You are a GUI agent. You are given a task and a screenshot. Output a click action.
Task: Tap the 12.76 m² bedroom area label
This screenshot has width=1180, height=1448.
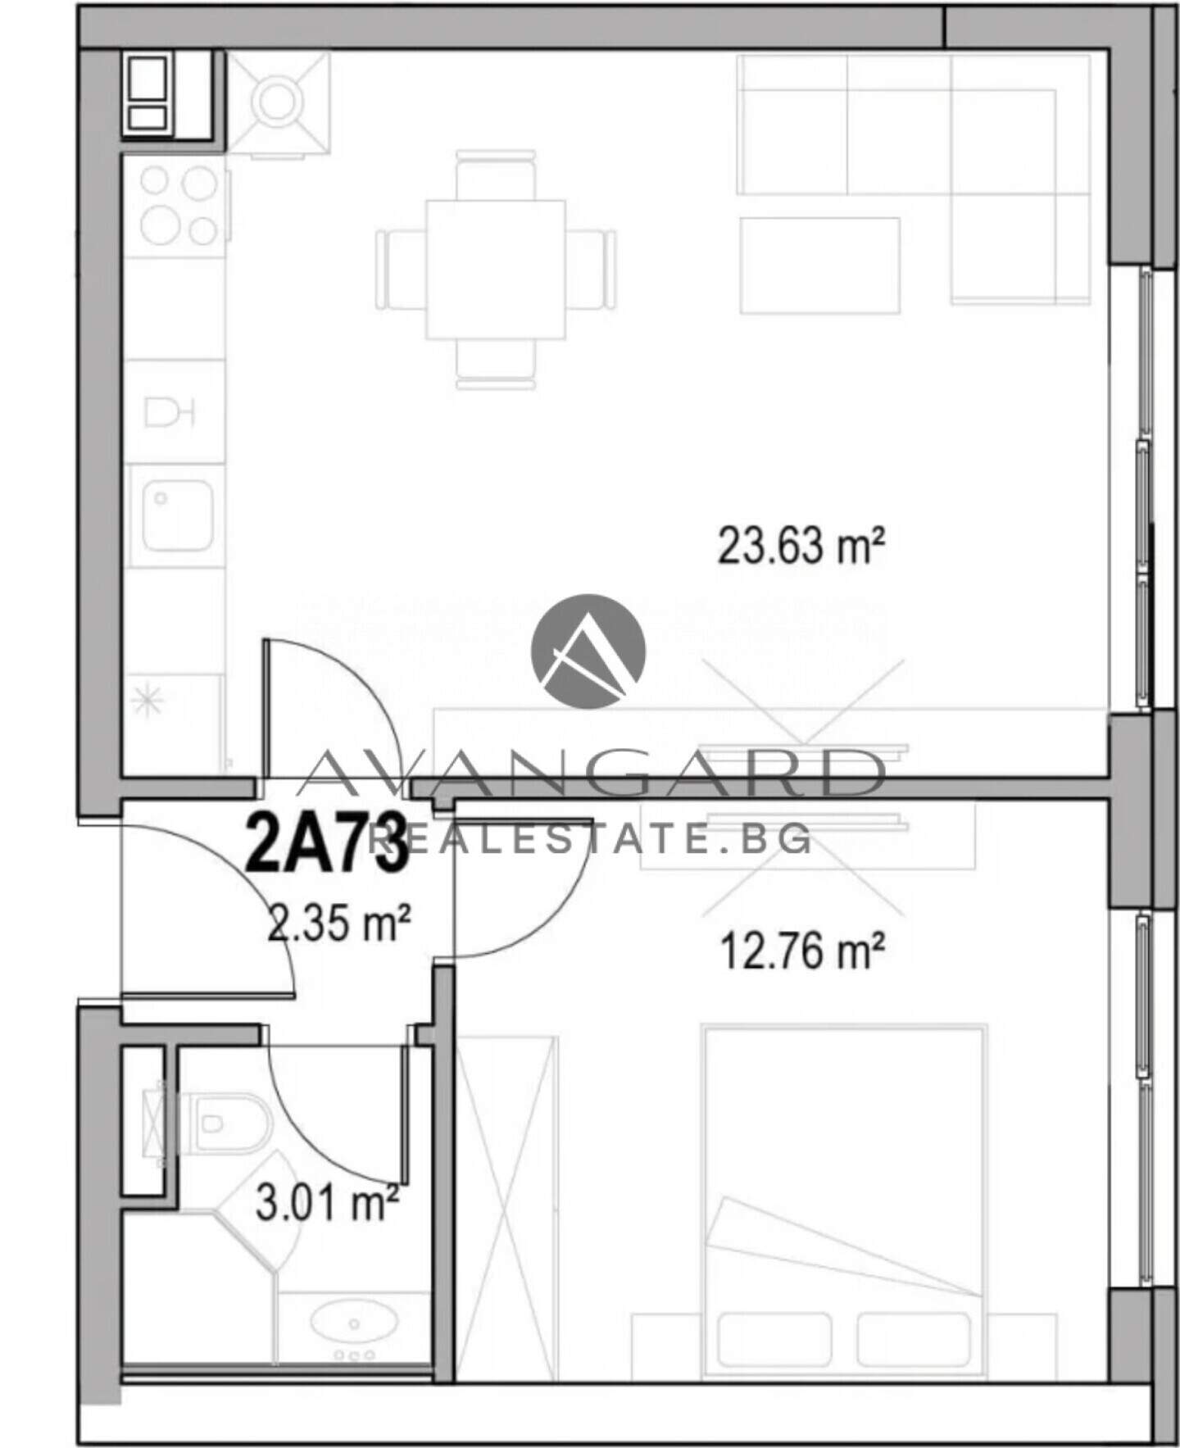tap(801, 951)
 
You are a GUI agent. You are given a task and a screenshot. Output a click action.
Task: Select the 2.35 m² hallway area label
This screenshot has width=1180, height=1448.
tap(339, 924)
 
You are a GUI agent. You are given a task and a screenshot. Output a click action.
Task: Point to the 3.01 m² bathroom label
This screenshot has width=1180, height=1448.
tap(327, 1203)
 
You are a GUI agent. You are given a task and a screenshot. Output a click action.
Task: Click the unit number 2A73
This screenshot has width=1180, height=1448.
tap(327, 842)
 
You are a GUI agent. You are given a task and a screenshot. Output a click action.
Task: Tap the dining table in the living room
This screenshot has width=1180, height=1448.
tap(496, 270)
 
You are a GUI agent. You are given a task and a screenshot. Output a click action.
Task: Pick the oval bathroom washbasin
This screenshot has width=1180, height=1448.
tap(354, 1323)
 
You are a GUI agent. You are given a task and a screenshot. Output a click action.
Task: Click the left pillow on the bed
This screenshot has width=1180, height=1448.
tap(774, 1339)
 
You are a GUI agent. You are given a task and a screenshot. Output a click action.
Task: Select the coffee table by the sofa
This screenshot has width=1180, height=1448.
tap(819, 265)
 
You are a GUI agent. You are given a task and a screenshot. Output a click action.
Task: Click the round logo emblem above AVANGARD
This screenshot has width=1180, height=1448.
tap(588, 651)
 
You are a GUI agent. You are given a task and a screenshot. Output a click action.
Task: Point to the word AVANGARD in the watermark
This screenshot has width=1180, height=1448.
tap(590, 773)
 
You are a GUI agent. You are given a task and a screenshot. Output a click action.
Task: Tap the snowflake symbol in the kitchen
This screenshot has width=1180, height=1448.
tap(148, 701)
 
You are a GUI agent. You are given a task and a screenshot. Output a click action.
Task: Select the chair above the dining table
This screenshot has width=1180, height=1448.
tap(496, 175)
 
